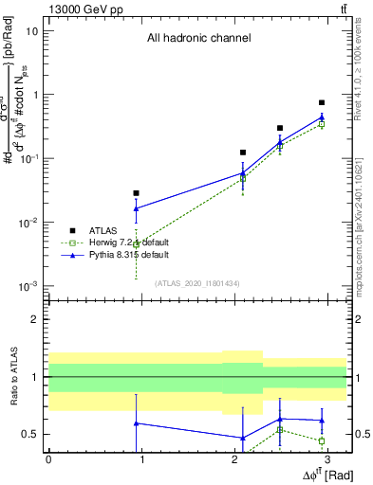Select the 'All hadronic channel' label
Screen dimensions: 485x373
[x=198, y=39]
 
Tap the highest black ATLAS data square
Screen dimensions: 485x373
[x=322, y=102]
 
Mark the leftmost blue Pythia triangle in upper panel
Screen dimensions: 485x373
[x=137, y=208]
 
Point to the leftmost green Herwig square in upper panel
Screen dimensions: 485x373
[x=137, y=244]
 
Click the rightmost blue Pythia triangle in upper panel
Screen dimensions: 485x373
[x=322, y=117]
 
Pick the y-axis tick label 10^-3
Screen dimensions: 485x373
[x=29, y=286]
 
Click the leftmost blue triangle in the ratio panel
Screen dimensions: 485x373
[x=137, y=423]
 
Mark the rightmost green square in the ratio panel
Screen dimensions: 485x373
[x=322, y=440]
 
